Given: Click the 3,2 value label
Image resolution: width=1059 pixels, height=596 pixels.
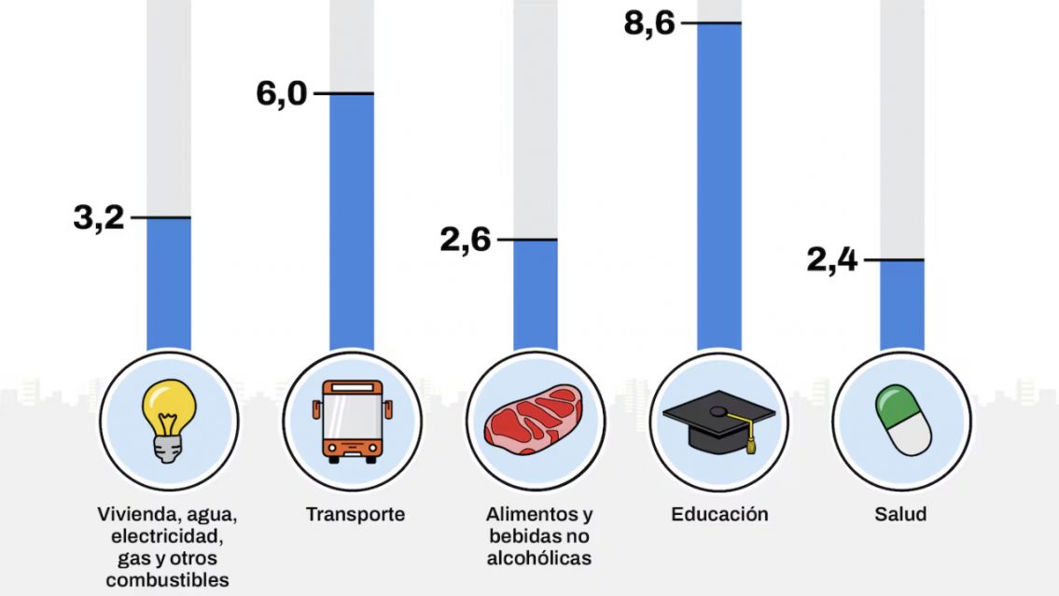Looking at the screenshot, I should pos(99,218).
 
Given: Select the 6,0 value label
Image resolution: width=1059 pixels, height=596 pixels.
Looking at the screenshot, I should pos(282,94).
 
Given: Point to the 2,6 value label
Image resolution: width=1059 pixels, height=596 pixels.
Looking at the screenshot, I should pos(466,241).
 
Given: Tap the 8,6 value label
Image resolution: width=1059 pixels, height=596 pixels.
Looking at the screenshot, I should pos(648,23).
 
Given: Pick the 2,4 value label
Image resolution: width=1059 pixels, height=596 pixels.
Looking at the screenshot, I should pos(832,260).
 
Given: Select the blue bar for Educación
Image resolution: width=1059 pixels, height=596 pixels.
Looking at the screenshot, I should pos(719,187).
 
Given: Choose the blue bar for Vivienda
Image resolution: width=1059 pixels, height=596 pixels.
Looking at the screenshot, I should pos(169,284).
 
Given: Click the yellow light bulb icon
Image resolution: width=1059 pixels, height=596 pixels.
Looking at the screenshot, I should pos(169,423).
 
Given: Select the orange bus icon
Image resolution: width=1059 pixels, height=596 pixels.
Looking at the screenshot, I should pos(352,422).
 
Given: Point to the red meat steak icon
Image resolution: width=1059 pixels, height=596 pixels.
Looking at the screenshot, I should pos(535,422).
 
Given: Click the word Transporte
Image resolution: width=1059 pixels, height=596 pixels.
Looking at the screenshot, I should pos(355,514).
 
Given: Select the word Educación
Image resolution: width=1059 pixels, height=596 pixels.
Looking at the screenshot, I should pos(719,514).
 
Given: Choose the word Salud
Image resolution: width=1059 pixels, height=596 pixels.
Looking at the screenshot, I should pos(900,514).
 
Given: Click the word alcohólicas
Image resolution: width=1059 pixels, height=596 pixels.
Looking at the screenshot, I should pos(539,558).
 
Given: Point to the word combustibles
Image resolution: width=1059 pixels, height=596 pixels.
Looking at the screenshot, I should pos(168,579).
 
